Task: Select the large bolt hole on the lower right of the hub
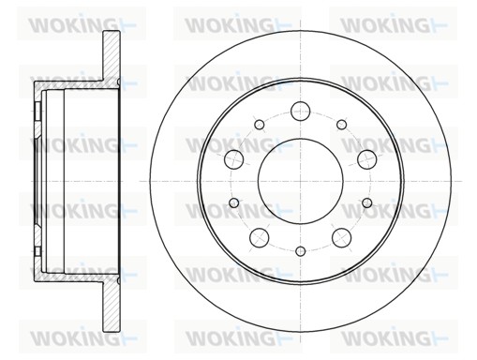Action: (x=340, y=236)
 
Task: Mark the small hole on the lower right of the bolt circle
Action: (x=366, y=202)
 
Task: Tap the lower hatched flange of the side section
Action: (x=111, y=305)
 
